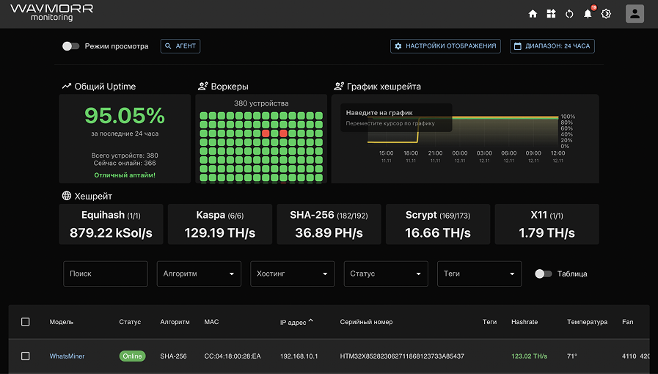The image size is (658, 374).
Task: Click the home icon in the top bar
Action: (x=533, y=14)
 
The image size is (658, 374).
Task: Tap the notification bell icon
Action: (x=588, y=14)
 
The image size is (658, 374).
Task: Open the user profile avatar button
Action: (x=635, y=14)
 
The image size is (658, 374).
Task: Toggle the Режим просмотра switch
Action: (x=71, y=46)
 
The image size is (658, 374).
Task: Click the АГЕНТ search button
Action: (x=180, y=46)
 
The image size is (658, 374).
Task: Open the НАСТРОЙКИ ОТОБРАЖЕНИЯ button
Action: (x=445, y=46)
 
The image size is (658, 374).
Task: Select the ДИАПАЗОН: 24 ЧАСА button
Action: (x=552, y=46)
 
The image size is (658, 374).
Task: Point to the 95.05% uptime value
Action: (x=125, y=115)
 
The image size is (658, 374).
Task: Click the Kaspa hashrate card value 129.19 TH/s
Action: (x=220, y=233)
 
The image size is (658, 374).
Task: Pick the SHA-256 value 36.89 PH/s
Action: (x=329, y=233)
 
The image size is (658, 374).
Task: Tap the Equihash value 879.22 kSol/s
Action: (x=111, y=233)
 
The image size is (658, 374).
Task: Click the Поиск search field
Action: (x=106, y=274)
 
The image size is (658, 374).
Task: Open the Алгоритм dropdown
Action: (x=199, y=274)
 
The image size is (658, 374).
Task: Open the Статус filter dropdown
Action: (x=386, y=274)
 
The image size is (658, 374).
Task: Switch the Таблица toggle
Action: (x=544, y=274)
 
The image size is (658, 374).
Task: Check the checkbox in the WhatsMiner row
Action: (x=26, y=356)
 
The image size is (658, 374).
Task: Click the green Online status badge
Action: (x=132, y=356)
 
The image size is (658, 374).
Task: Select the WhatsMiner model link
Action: (x=67, y=356)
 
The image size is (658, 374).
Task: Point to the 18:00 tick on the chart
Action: (x=411, y=153)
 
